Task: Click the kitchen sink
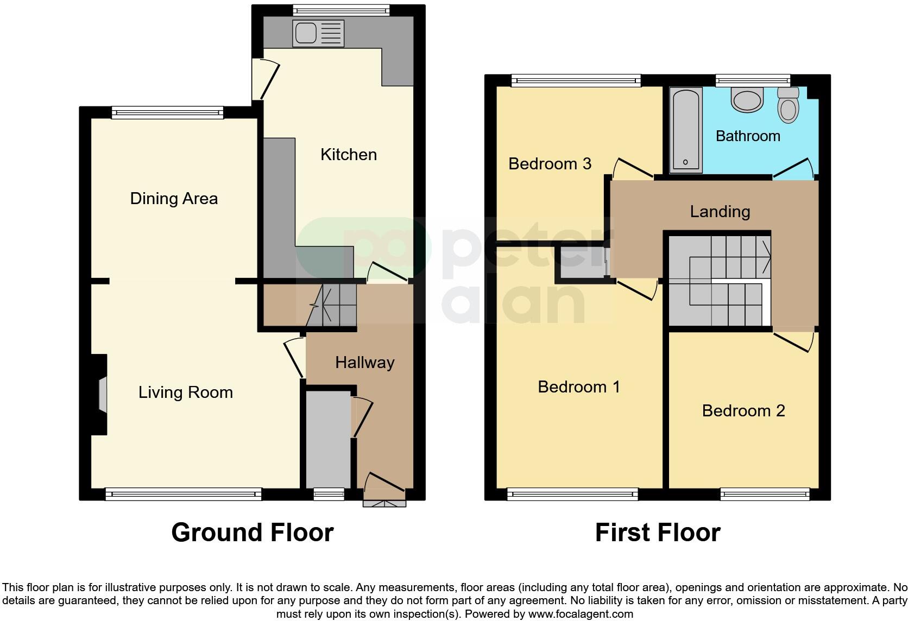318,33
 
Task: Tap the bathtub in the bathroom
685,130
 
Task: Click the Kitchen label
348,155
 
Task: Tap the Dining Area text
174,199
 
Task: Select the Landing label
720,212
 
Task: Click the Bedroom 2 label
743,411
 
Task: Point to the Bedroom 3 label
550,164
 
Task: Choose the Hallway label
364,363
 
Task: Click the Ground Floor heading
252,533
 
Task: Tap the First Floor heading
657,533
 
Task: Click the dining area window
168,113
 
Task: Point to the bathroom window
752,81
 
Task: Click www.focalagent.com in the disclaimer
581,614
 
